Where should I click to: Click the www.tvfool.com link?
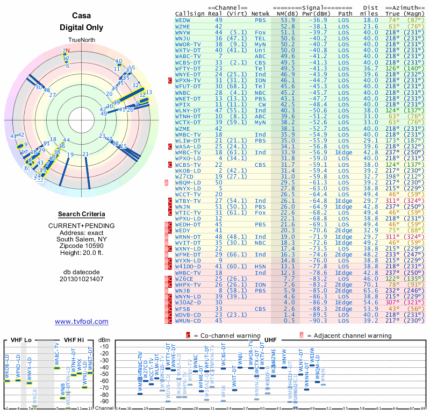(82, 322)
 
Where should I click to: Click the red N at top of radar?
(67, 51)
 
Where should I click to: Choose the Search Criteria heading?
(82, 214)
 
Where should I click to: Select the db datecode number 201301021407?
(82, 279)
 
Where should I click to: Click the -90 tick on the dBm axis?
(105, 401)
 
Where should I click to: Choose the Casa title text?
(82, 17)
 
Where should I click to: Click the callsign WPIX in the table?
(183, 104)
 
